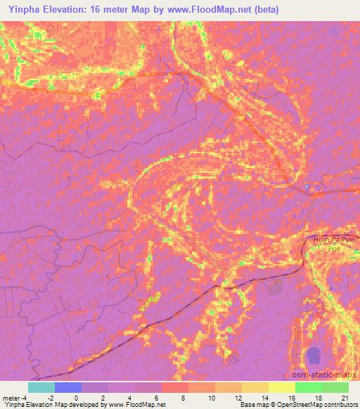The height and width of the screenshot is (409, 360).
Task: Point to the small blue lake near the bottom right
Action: click(312, 358)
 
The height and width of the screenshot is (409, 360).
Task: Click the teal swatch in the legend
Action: click(41, 387)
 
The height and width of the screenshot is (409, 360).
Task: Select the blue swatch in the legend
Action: click(68, 387)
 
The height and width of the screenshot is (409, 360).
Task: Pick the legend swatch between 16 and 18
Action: click(309, 387)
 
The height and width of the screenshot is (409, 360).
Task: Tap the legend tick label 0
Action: click(76, 397)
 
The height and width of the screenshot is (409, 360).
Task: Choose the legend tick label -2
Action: click(50, 397)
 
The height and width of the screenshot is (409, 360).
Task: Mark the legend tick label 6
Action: click(157, 397)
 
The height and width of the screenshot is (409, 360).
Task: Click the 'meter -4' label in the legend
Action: click(13, 397)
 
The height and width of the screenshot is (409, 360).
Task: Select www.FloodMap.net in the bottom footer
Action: click(136, 405)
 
